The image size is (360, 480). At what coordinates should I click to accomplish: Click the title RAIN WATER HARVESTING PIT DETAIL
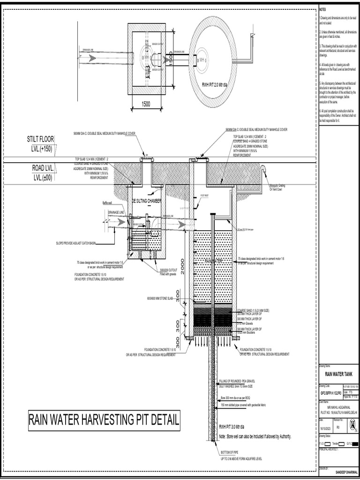coord(104,420)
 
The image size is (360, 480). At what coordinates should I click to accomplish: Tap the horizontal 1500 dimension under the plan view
coord(146,104)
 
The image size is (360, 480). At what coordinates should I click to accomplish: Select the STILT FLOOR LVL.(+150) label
coord(41,144)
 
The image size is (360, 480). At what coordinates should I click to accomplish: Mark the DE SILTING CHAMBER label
coord(146,201)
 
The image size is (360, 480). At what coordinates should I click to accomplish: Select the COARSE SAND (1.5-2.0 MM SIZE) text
coord(253,310)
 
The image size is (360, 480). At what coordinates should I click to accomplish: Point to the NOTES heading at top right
coord(322,9)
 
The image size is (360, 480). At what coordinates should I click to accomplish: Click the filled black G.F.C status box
coord(354,443)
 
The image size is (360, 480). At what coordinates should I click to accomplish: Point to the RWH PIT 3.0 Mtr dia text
coord(233,427)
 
